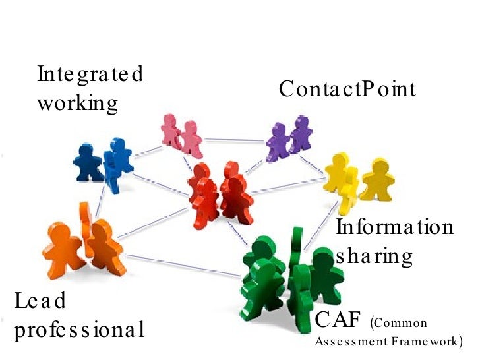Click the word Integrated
click(90, 75)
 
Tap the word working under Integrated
click(77, 104)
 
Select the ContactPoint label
click(347, 89)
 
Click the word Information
click(395, 228)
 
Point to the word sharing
click(374, 256)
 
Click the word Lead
click(41, 302)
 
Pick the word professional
click(79, 330)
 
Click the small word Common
click(401, 324)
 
